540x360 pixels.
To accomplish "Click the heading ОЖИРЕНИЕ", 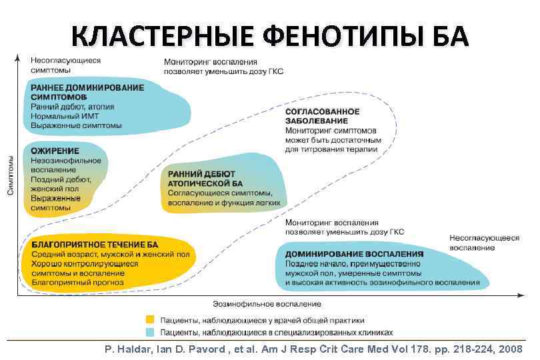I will pyautogui.click(x=55, y=151).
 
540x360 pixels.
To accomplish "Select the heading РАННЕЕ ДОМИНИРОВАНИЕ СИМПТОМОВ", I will pyautogui.click(x=87, y=93).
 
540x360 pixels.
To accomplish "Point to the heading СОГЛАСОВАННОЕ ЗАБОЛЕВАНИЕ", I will pyautogui.click(x=322, y=116).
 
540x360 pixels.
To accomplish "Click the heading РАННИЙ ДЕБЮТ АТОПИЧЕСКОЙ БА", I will pyautogui.click(x=204, y=178).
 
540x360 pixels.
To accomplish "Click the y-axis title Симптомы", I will pyautogui.click(x=11, y=175).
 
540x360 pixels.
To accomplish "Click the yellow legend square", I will pyautogui.click(x=150, y=319).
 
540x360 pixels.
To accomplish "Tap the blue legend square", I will pyautogui.click(x=150, y=331).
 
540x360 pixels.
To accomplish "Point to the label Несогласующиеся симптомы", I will pyautogui.click(x=65, y=65).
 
